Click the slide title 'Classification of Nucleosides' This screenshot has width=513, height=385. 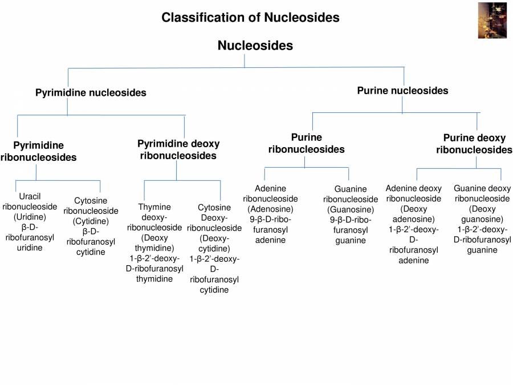coord(250,17)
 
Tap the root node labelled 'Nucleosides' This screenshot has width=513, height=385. coord(255,46)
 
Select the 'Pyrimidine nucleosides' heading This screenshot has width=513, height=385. coord(91,92)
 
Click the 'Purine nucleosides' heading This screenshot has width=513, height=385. coord(402,90)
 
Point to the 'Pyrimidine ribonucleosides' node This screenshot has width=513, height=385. coord(38,151)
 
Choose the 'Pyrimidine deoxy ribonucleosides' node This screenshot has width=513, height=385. coord(178,149)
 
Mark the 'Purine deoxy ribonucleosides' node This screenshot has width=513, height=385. coord(474,144)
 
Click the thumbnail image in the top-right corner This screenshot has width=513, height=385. coord(492,20)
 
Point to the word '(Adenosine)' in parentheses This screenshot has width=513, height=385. coord(271,209)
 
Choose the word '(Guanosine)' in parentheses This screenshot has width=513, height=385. coord(350,209)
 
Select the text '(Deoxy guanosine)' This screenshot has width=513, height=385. coord(482,214)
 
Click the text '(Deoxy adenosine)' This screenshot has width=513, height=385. coord(413,214)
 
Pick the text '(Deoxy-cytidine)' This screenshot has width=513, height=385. coord(214,243)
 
